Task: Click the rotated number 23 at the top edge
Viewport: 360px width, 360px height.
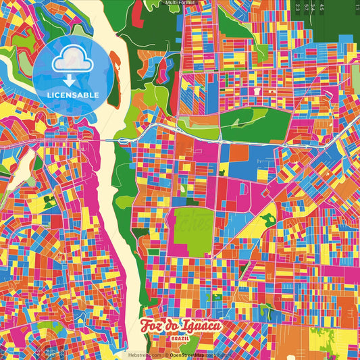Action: pyautogui.click(x=297, y=7)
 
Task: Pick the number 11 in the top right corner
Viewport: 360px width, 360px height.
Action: pyautogui.click(x=355, y=7)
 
